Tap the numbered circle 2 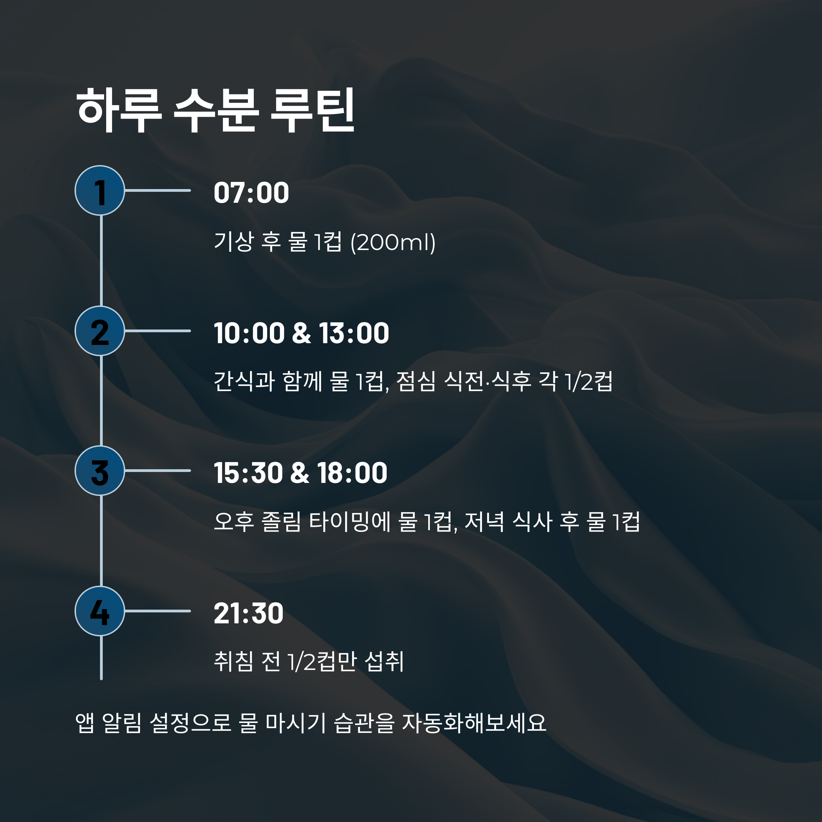click(x=100, y=331)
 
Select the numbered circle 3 click(x=100, y=471)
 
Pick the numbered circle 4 click(x=100, y=611)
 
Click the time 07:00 click(x=251, y=193)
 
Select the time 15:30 click(x=248, y=473)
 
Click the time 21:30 click(x=248, y=613)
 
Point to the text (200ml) click(x=393, y=242)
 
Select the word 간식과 click(x=244, y=381)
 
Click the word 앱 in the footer click(x=85, y=723)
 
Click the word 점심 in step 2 click(x=416, y=381)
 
